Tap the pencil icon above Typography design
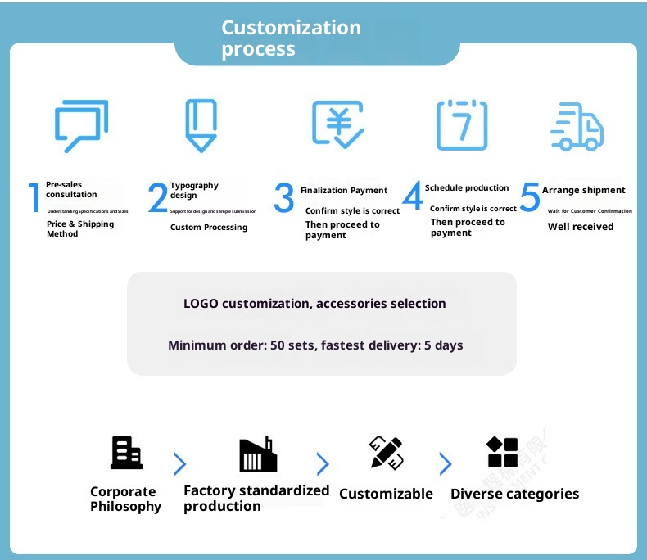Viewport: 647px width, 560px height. [201, 125]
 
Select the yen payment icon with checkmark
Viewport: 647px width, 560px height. [337, 124]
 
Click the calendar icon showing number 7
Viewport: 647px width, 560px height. [461, 125]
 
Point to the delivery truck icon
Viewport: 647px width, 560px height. [577, 127]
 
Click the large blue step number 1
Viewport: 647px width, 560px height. [34, 198]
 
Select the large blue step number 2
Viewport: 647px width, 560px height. [158, 198]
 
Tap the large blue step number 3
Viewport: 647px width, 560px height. [283, 198]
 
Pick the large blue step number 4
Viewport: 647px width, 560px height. [413, 196]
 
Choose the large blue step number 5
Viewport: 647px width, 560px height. [530, 196]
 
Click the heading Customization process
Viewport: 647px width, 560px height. [291, 38]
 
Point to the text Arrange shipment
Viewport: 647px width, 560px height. [583, 190]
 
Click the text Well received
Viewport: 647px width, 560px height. [580, 227]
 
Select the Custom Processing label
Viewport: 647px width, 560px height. [208, 227]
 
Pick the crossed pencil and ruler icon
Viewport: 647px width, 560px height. [387, 453]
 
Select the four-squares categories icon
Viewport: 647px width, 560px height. [502, 452]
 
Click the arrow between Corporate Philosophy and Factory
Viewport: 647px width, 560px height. [179, 464]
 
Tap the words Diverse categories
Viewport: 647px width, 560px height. [514, 494]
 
